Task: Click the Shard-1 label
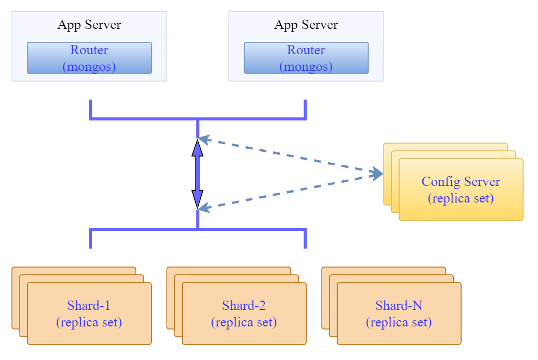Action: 89,305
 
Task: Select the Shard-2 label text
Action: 244,305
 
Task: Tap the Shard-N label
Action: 399,305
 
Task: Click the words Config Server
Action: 461,182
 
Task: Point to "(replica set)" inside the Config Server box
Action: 461,198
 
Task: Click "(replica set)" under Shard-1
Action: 89,322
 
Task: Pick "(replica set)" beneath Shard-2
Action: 244,322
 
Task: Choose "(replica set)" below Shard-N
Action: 399,322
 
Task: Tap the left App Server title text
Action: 89,25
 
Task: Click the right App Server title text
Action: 306,25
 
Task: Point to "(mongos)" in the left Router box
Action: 89,67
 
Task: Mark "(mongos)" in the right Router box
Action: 306,67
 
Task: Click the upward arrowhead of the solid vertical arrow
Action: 197,148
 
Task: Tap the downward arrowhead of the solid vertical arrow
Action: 197,199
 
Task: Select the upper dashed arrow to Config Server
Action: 289,155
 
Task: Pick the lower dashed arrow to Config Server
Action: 289,192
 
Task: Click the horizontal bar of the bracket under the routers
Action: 145,119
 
